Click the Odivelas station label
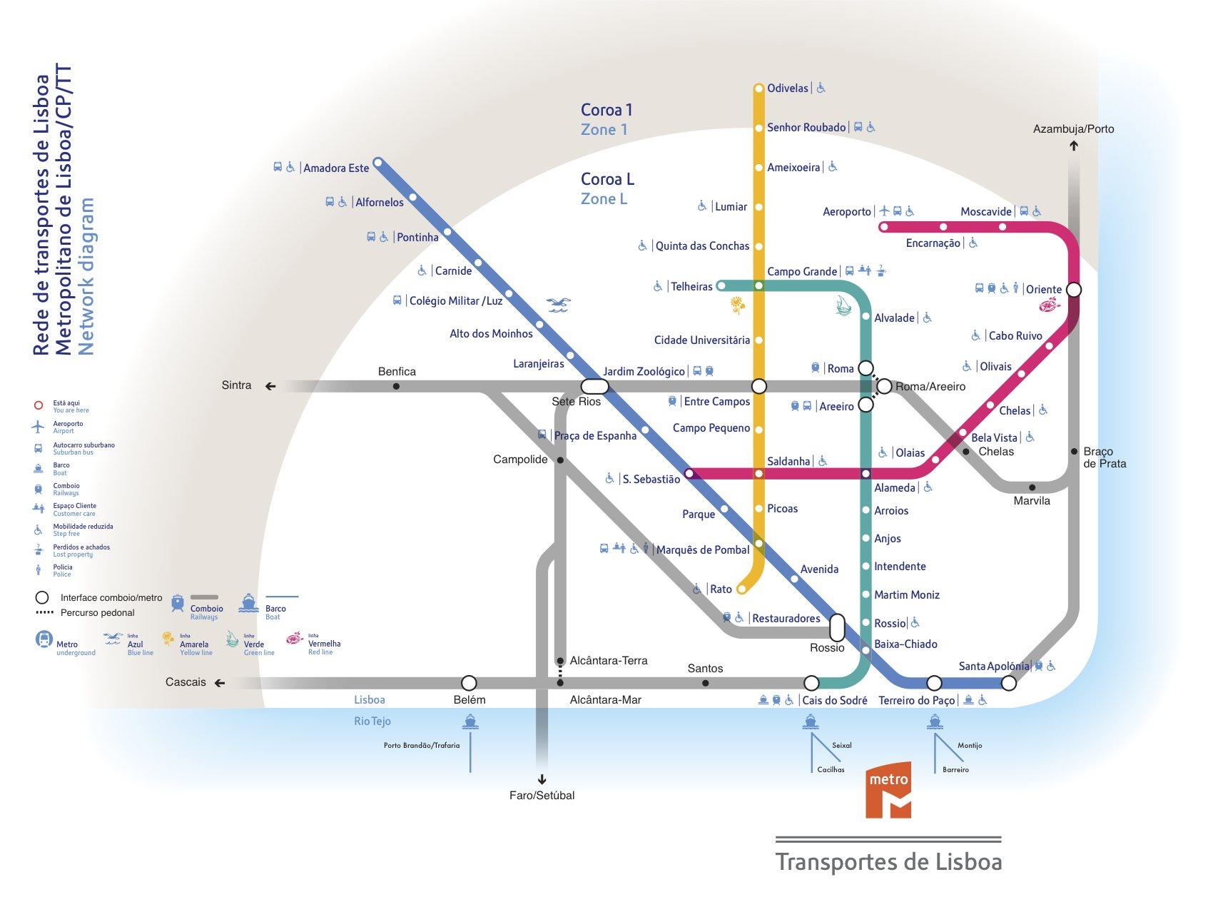787,88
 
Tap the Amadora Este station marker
378,162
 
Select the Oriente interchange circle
1073,290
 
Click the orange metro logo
888,791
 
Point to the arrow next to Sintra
270,386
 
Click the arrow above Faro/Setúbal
542,779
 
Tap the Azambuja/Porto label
1073,129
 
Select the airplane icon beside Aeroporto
885,211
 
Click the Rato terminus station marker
741,589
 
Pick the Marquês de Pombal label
702,549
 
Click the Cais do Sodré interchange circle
811,683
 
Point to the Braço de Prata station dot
1074,451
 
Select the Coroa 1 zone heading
607,110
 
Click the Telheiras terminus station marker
721,285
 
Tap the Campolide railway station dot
560,460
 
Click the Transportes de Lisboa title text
888,861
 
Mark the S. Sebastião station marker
689,473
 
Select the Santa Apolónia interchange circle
1008,683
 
